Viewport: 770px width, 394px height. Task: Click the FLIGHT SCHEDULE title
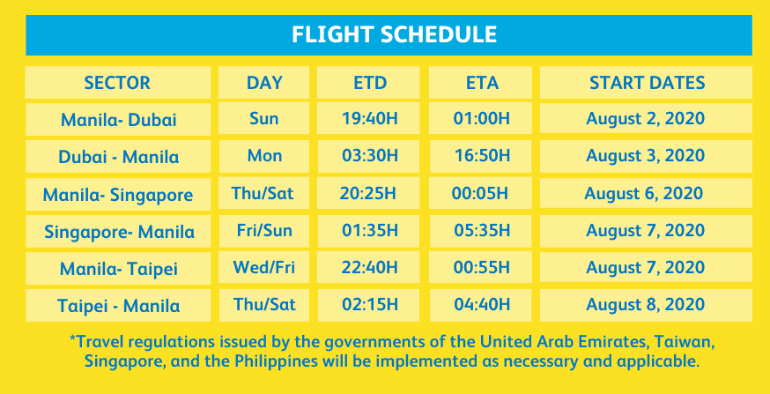pyautogui.click(x=394, y=34)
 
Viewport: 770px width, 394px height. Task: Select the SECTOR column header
pyautogui.click(x=117, y=83)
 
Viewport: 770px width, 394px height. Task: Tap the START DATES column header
pyautogui.click(x=648, y=83)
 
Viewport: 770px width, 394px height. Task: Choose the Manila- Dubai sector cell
pyautogui.click(x=118, y=120)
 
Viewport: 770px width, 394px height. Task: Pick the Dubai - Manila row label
pyautogui.click(x=118, y=157)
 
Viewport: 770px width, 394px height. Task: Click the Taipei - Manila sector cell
pyautogui.click(x=118, y=306)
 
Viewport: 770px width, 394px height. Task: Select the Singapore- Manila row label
pyautogui.click(x=119, y=232)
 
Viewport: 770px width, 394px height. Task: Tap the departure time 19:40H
pyautogui.click(x=370, y=119)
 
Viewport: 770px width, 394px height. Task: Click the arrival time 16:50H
pyautogui.click(x=482, y=156)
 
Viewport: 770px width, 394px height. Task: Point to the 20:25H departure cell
pyautogui.click(x=367, y=193)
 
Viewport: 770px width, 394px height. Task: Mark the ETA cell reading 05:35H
pyautogui.click(x=482, y=230)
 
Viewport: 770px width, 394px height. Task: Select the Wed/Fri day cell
pyautogui.click(x=264, y=268)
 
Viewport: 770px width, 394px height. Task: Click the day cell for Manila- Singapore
pyautogui.click(x=263, y=193)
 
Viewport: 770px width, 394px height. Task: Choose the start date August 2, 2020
pyautogui.click(x=646, y=119)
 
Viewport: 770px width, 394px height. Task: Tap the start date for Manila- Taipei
pyautogui.click(x=646, y=268)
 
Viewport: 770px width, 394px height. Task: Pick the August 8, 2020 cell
pyautogui.click(x=646, y=305)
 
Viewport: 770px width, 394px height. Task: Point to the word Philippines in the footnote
pyautogui.click(x=277, y=361)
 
